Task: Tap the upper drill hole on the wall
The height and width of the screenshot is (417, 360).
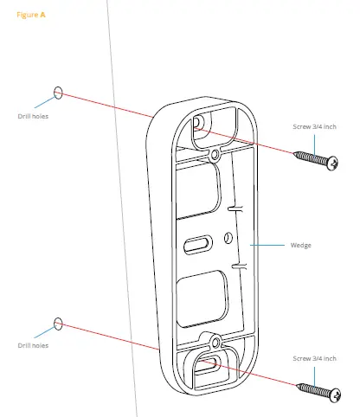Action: coord(59,91)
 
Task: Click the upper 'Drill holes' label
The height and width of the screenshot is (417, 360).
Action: coord(34,116)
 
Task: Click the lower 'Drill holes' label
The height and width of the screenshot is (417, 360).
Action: coord(34,346)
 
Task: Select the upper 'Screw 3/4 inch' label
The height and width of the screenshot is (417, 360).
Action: coord(314,126)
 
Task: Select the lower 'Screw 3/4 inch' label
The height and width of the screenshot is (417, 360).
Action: coord(314,358)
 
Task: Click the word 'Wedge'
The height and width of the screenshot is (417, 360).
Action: coord(301,246)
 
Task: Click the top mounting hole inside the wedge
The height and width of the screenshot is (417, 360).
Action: coord(200,123)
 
